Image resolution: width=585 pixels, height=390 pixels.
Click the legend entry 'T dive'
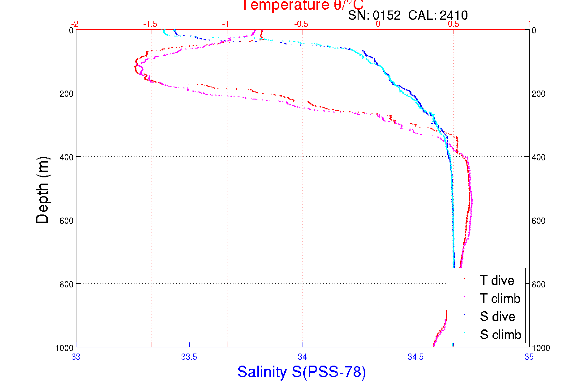click(497, 280)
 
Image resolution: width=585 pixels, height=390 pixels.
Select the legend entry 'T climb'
click(500, 299)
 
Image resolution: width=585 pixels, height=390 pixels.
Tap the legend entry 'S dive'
click(497, 316)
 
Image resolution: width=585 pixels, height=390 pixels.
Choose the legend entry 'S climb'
click(500, 335)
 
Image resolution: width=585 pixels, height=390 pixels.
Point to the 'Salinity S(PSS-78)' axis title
click(302, 372)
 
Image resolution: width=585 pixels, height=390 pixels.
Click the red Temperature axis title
click(303, 6)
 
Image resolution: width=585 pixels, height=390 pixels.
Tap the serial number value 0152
click(386, 15)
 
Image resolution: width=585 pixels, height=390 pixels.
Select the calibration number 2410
click(454, 15)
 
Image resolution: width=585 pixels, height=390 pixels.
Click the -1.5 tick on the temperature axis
click(150, 24)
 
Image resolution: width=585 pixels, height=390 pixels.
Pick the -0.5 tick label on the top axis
click(301, 24)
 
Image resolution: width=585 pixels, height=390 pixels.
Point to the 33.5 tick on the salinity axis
click(189, 357)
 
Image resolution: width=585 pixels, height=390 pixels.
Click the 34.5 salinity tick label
click(415, 357)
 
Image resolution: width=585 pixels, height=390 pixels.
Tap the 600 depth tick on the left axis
click(66, 221)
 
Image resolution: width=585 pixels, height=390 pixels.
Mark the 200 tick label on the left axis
click(66, 94)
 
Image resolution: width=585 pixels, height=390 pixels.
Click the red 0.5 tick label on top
click(454, 24)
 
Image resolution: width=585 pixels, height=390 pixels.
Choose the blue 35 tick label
click(529, 357)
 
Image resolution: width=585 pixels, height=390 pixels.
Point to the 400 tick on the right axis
click(538, 157)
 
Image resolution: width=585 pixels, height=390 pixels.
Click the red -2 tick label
click(75, 24)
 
